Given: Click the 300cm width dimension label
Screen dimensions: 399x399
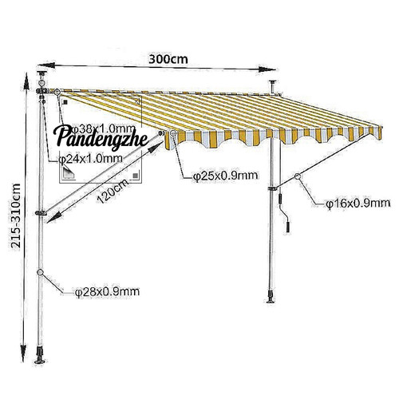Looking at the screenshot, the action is [x=168, y=59].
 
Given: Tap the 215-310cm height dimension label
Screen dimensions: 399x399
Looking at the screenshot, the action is [x=16, y=215].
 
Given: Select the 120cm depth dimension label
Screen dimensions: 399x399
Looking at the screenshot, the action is [x=113, y=191].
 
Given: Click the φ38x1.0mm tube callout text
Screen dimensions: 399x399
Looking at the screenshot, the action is [x=105, y=129].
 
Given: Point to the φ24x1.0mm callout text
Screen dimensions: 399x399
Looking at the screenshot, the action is [x=90, y=159].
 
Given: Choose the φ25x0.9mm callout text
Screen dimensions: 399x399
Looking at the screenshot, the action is [x=226, y=176].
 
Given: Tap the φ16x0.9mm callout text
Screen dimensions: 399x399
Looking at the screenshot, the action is [x=358, y=203].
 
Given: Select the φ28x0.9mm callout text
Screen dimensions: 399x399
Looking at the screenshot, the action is [x=107, y=292].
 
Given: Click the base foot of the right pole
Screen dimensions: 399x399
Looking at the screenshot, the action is [x=271, y=296].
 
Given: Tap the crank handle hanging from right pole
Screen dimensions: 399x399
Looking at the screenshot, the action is [x=283, y=214].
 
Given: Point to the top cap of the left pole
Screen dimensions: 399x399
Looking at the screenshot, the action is [x=41, y=73].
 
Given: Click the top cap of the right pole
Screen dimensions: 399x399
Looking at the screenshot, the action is [x=273, y=81].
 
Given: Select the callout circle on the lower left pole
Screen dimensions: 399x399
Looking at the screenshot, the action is [x=40, y=272].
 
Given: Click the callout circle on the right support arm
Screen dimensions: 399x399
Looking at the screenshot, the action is [x=298, y=176].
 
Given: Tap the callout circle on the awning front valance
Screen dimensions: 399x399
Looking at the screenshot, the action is [x=173, y=133].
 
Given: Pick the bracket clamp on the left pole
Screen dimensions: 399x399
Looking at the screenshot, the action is [x=41, y=213].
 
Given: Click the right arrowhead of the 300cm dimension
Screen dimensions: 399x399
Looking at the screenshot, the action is [x=267, y=69].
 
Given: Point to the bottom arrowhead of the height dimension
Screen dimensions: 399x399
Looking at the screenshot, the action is [x=23, y=352].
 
